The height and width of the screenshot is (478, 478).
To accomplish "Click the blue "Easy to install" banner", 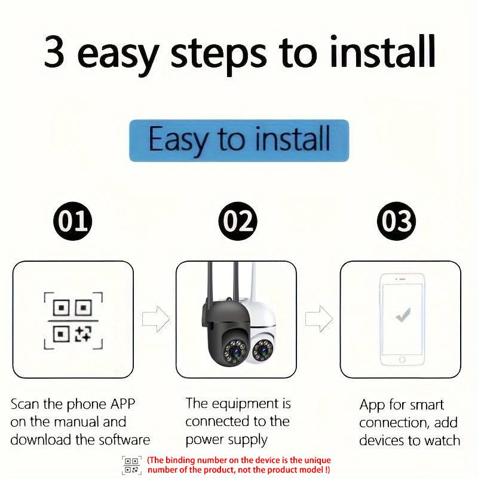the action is coord(239,140).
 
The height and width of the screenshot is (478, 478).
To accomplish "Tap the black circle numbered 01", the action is coord(72,221).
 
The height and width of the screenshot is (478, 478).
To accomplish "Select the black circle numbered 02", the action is coord(238,221).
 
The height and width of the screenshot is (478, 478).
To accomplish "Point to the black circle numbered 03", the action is coord(396,221).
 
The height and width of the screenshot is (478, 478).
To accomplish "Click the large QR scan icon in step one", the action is coord(73,320).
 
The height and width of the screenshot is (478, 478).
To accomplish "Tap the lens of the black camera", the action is coord(235,353).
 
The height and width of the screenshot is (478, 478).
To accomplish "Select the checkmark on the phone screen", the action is coord(403,315).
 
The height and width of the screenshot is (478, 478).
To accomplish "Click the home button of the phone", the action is coord(402,360).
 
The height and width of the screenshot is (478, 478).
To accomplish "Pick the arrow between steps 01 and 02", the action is coord(156,319).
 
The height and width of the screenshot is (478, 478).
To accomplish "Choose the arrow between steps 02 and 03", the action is coord(319,319).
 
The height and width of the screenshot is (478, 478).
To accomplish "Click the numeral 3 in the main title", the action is coord(54,51).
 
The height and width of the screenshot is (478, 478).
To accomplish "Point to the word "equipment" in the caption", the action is coord(245,405).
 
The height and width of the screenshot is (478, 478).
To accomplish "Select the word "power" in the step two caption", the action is coord(204,440).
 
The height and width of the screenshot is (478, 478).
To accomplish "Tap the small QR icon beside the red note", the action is coord(131,465).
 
